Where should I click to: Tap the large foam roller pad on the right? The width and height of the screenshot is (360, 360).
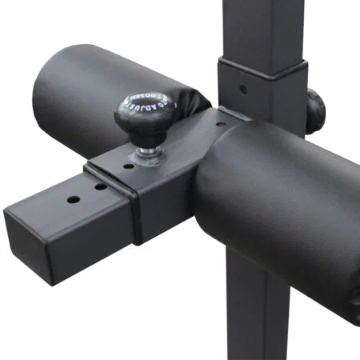tap(288, 200)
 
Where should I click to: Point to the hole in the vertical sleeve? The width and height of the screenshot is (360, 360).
tap(242, 79)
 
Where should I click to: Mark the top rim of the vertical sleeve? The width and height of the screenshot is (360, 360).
tap(264, 62)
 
